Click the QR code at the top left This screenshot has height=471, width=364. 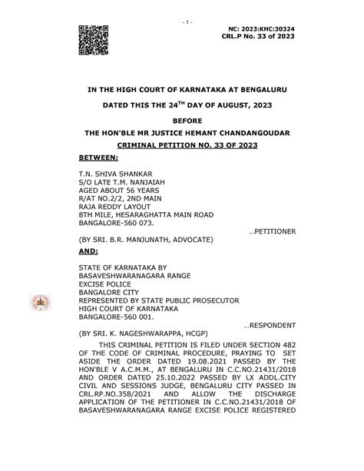coord(94,38)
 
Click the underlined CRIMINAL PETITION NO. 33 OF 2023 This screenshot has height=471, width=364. coord(183,144)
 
